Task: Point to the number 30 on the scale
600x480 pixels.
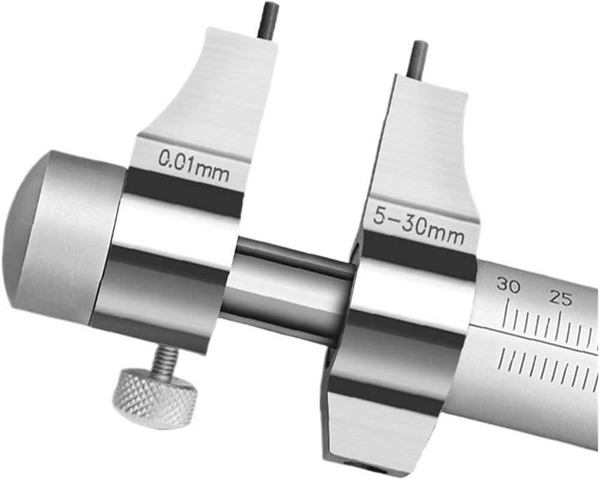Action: [508, 286]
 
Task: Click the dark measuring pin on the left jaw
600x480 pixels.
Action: [268, 20]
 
